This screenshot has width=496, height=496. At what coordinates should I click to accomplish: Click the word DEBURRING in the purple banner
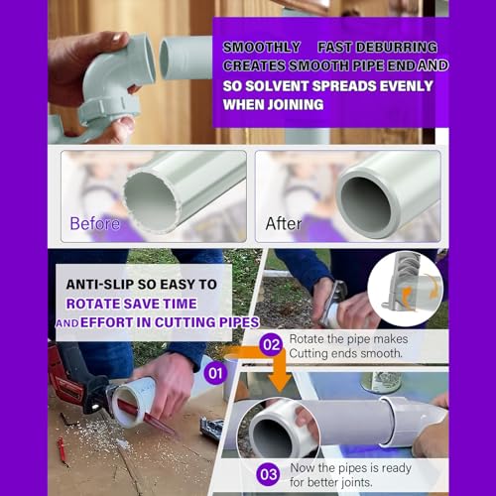(x=393, y=47)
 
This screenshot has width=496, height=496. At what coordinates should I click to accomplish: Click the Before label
(x=94, y=223)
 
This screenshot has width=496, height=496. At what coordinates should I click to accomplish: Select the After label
(x=284, y=223)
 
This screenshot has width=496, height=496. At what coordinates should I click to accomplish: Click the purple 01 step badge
(x=215, y=375)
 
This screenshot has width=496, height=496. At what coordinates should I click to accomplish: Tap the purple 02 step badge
(x=271, y=346)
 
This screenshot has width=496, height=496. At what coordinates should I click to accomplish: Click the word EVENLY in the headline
(x=398, y=86)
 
